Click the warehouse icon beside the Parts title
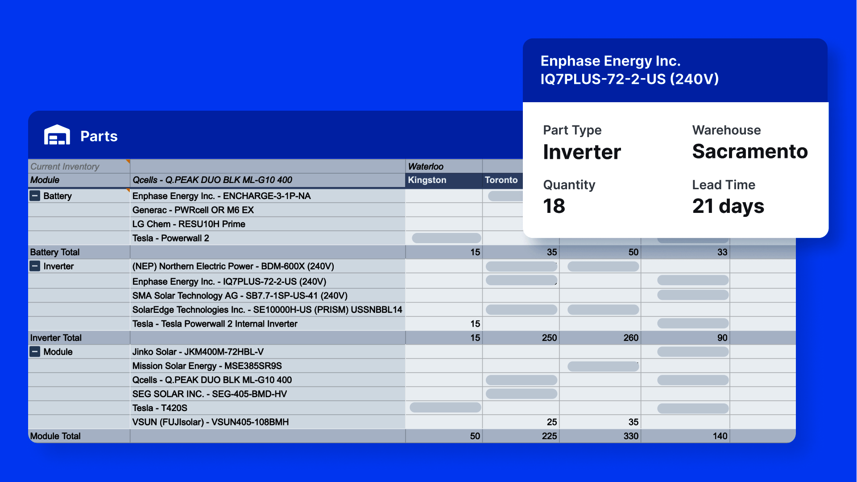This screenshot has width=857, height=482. [57, 135]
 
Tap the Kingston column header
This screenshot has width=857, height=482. [427, 180]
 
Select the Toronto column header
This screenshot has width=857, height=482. [501, 180]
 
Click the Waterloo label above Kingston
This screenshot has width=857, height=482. [426, 166]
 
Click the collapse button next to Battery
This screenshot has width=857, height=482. [35, 195]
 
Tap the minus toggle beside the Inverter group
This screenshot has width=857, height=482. [35, 266]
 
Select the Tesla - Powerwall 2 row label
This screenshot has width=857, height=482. [170, 238]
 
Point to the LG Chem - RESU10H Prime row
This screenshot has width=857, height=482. [189, 224]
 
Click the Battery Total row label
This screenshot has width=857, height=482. [55, 252]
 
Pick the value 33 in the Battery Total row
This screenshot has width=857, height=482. [722, 252]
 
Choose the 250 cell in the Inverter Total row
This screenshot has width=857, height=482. [549, 338]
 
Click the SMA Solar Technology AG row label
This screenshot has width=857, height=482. [240, 295]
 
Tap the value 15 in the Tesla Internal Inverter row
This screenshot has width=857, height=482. [475, 324]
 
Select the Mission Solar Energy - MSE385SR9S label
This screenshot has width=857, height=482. [207, 366]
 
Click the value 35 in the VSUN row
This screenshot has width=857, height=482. [633, 422]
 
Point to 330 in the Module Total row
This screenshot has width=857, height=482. [631, 436]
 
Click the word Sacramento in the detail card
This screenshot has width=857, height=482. [750, 151]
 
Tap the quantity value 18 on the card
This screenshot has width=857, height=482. [554, 206]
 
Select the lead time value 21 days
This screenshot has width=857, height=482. [728, 206]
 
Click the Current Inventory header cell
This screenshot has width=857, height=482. [65, 166]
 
